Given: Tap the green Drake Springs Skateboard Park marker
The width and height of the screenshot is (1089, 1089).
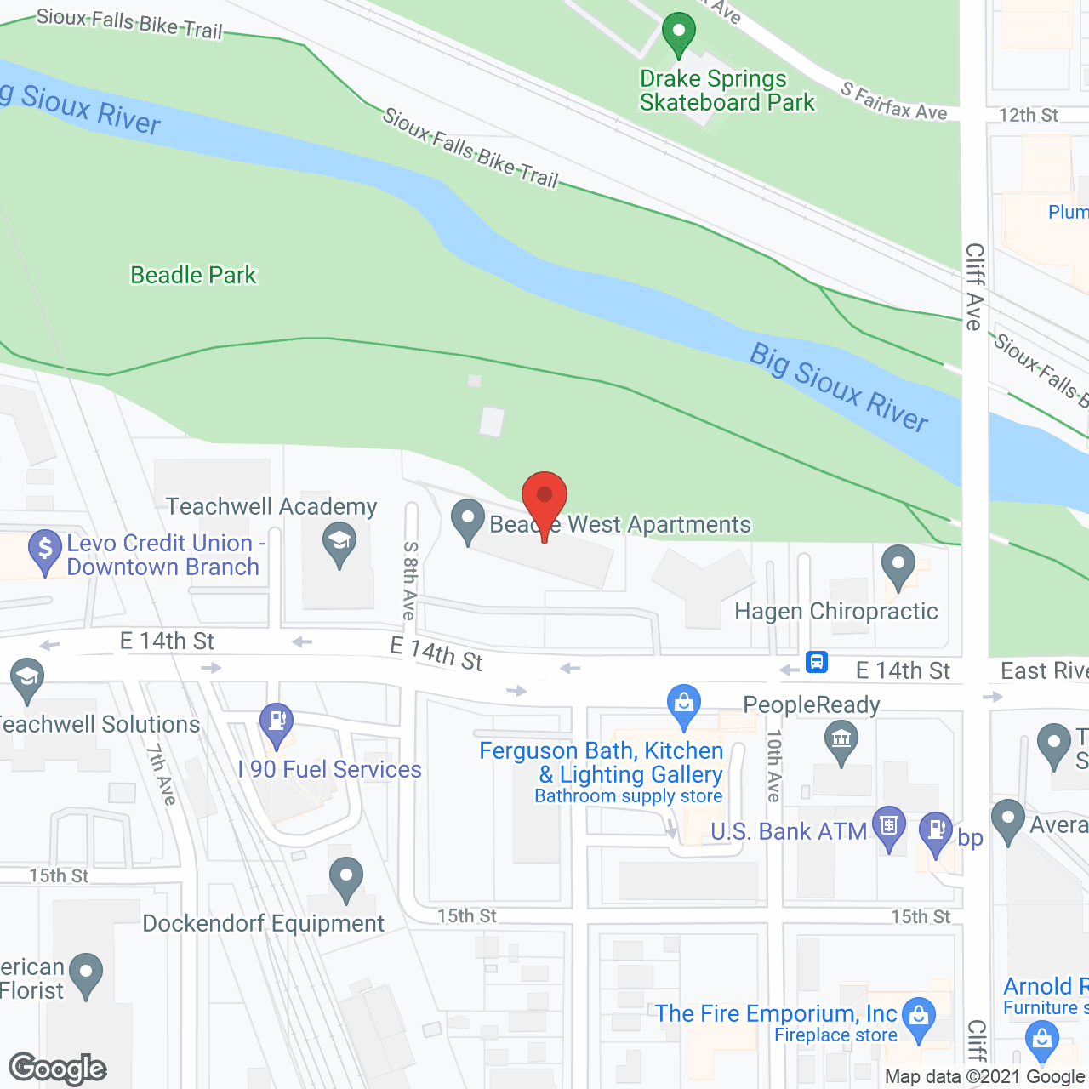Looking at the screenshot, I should tap(678, 35).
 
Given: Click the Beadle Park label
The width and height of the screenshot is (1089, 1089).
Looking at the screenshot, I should tap(193, 275).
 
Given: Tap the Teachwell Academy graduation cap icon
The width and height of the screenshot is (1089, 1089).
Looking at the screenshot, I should tap(339, 544).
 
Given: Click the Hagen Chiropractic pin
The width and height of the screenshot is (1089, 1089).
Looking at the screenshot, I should tap(898, 566).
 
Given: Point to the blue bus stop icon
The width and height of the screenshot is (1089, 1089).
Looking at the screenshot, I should tap(817, 661).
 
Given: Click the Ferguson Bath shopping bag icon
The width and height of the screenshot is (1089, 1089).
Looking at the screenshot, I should tap(683, 705).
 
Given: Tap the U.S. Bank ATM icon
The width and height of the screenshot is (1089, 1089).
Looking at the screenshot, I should tap(889, 827).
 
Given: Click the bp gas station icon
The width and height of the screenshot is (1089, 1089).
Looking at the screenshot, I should tap(936, 831).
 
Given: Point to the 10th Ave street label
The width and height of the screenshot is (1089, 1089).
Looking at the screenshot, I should tap(773, 766).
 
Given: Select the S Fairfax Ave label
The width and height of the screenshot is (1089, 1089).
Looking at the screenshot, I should tap(894, 101).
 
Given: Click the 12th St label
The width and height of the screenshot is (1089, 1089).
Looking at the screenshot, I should tap(1028, 115).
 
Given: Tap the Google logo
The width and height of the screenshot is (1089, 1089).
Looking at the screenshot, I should tap(58, 1069).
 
